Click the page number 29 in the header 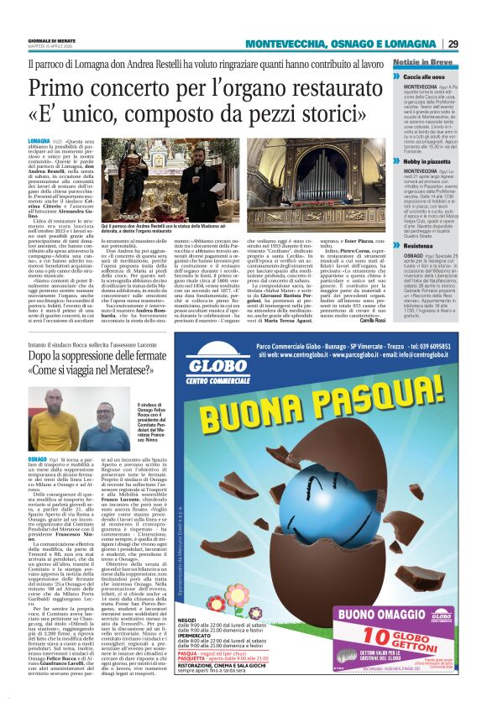tap(453, 44)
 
